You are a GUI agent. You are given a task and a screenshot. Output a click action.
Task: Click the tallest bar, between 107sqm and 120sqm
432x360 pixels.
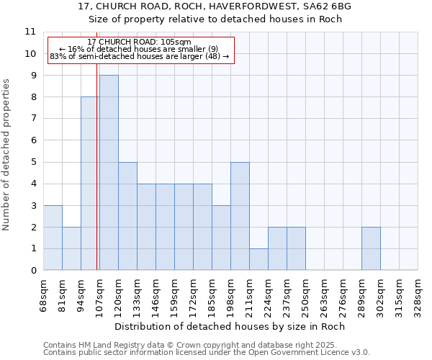point(109,173)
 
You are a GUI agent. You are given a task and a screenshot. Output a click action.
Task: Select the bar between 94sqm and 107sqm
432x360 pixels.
point(90,184)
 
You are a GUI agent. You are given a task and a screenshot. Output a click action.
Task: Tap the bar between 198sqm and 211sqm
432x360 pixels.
point(240,216)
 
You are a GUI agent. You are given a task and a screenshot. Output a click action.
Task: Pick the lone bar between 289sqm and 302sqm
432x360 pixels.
point(371,248)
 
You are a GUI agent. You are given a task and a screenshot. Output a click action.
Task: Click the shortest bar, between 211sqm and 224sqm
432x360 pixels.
point(258,259)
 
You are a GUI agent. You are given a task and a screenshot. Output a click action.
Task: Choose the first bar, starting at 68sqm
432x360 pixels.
point(53,238)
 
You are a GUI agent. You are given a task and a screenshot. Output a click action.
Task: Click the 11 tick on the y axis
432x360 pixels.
point(30,32)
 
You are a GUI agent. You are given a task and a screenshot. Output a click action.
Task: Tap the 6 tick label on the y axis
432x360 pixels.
point(32,140)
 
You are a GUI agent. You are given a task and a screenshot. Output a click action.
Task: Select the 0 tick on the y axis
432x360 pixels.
point(32,271)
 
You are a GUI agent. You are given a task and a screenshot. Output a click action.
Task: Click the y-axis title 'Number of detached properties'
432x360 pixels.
point(6,155)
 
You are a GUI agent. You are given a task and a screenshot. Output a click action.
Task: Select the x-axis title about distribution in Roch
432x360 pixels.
point(230,326)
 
